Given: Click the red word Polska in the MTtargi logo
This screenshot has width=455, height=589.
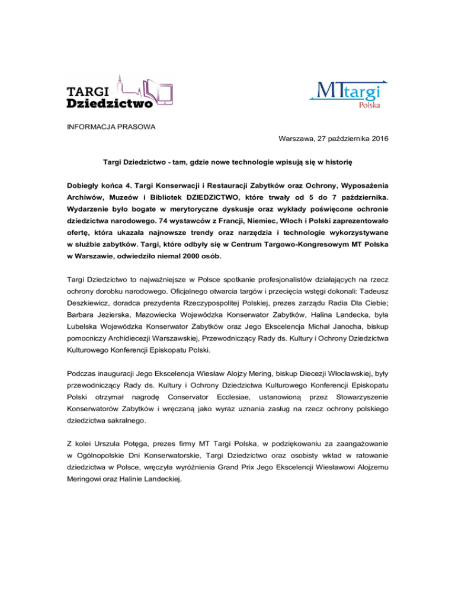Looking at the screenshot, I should tap(370, 105).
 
